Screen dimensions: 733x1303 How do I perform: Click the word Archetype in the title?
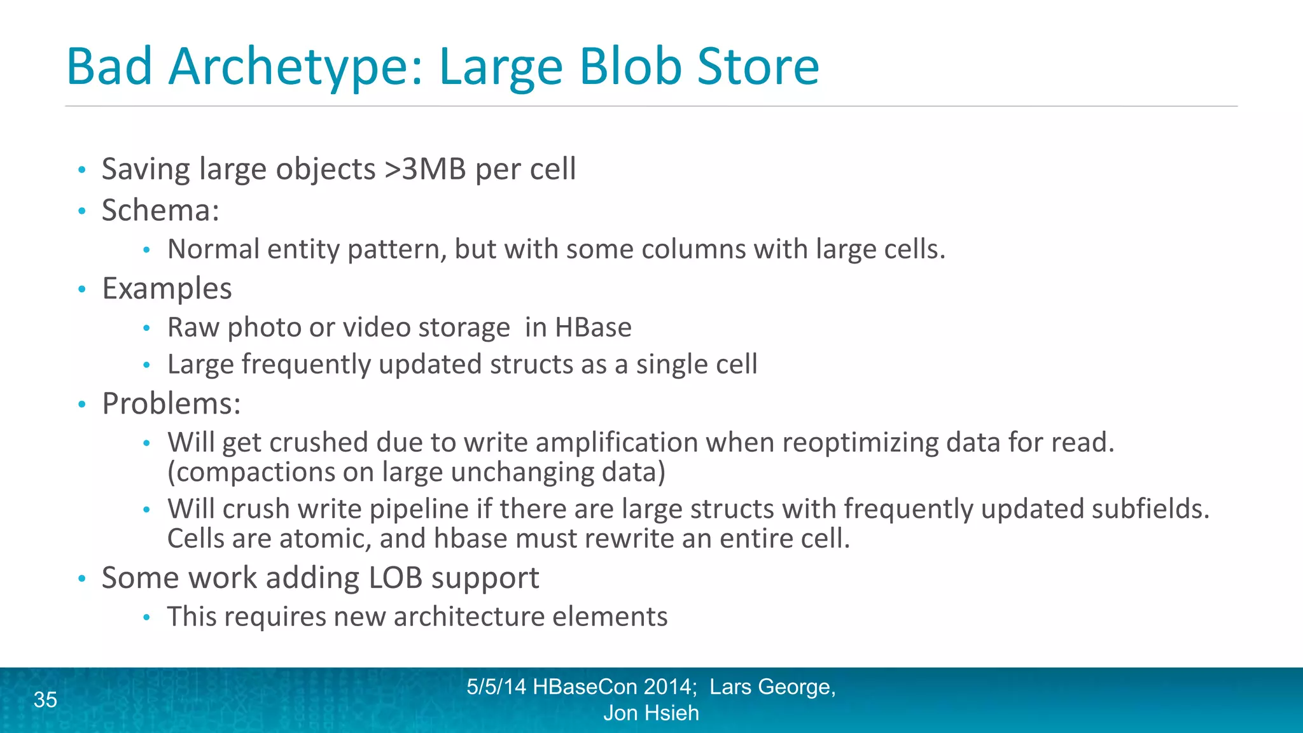(x=295, y=66)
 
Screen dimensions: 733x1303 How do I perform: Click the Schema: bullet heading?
(x=160, y=211)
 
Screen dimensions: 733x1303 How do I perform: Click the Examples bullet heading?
(x=167, y=288)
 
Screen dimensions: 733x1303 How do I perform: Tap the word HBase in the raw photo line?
(x=593, y=327)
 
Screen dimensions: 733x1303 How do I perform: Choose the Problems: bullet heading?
(x=171, y=403)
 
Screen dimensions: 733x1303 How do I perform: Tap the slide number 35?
(x=45, y=700)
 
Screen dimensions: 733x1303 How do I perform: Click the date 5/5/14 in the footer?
(x=496, y=687)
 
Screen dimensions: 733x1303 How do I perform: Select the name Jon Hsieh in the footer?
(x=651, y=713)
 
